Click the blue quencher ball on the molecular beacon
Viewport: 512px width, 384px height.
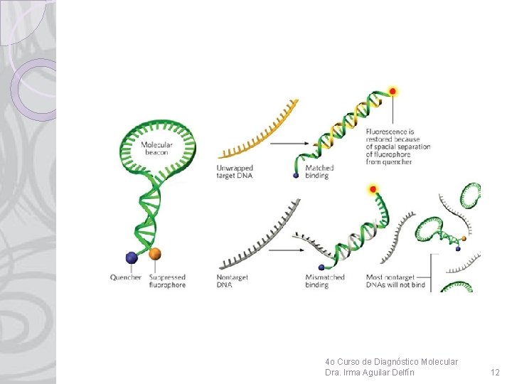point(132,257)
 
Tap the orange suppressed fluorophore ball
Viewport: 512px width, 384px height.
point(155,253)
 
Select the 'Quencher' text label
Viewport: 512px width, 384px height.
point(126,277)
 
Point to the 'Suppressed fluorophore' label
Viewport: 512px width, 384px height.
point(167,281)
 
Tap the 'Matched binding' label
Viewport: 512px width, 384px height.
point(319,172)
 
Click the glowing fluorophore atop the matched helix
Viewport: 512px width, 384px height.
point(392,91)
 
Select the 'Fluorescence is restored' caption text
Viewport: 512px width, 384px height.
point(398,146)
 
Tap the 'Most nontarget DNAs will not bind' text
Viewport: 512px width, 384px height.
point(395,281)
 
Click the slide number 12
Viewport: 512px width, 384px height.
point(495,373)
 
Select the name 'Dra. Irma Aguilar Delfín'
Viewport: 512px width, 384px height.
point(370,373)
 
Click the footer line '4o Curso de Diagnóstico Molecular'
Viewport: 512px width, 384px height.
point(391,362)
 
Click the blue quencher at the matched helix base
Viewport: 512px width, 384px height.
point(296,175)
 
